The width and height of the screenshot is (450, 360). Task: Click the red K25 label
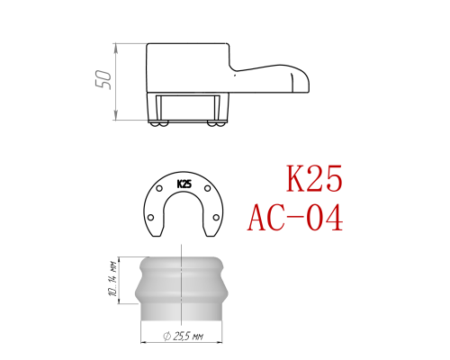pyautogui.click(x=314, y=178)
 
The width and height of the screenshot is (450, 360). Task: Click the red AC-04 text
pyautogui.click(x=295, y=217)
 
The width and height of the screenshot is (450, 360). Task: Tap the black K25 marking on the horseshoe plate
pyautogui.click(x=184, y=184)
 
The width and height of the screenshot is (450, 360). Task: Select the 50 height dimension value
pyautogui.click(x=103, y=80)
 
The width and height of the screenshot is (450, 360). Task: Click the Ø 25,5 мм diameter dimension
pyautogui.click(x=183, y=336)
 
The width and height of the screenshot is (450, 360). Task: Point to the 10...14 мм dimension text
pyautogui.click(x=113, y=280)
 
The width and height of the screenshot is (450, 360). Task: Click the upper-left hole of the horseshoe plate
pyautogui.click(x=159, y=189)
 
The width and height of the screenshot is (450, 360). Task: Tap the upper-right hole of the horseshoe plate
pyautogui.click(x=207, y=188)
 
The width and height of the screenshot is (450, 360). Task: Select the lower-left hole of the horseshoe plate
pyautogui.click(x=151, y=217)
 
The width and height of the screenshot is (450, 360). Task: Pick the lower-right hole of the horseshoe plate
pyautogui.click(x=216, y=217)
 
